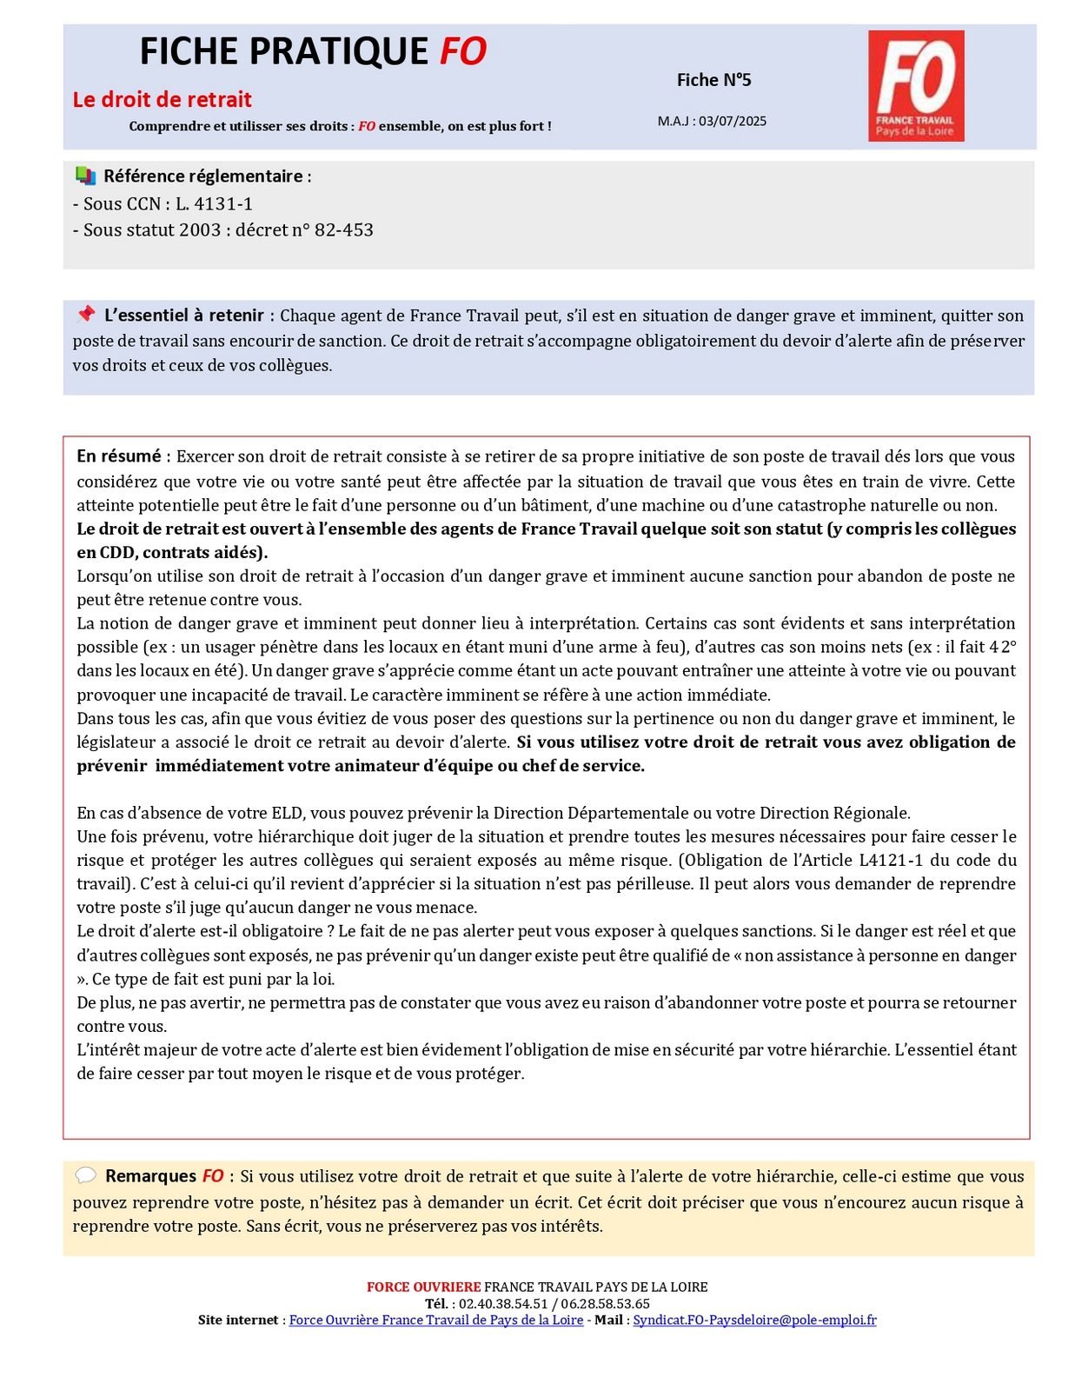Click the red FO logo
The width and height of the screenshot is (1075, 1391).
[x=916, y=85]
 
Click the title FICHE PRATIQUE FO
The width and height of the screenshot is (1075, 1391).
[x=313, y=52]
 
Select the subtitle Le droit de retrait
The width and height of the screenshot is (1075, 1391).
[x=163, y=100]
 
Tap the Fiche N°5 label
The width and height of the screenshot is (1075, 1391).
[x=713, y=80]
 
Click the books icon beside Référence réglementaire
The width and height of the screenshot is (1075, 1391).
[x=85, y=176]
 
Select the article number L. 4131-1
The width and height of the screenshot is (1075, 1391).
[x=214, y=204]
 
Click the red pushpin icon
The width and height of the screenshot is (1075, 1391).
[x=85, y=314]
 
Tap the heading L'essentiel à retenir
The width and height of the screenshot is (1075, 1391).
[x=184, y=316]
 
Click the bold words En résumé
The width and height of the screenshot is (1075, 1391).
[x=119, y=456]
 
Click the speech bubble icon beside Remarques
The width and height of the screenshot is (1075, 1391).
[x=85, y=1175]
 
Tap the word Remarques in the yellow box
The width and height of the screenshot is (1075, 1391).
[x=151, y=1176]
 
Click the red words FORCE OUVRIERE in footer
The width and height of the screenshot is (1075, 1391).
[x=423, y=1287]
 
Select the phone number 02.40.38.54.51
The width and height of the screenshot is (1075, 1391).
[x=503, y=1303]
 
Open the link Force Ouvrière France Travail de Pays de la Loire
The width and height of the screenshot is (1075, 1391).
[x=436, y=1320]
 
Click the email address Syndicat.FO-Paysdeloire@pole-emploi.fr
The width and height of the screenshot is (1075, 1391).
[x=754, y=1320]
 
